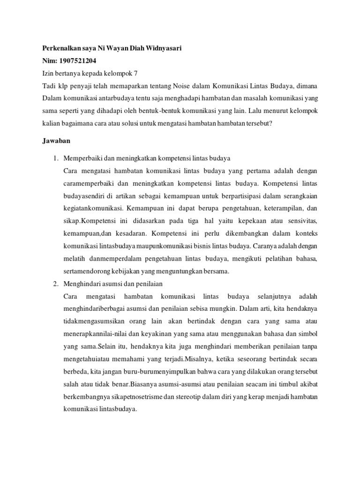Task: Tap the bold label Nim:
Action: (x=46, y=61)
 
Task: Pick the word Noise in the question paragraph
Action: (x=182, y=85)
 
